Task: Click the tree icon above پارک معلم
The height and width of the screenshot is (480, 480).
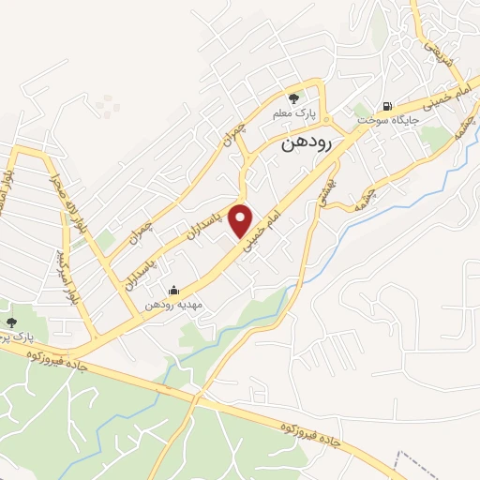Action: click(x=293, y=97)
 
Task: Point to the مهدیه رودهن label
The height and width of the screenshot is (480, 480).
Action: click(x=172, y=306)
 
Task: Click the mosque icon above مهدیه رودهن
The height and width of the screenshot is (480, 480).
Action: click(x=172, y=291)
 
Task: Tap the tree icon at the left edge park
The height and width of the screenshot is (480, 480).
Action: click(x=11, y=321)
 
